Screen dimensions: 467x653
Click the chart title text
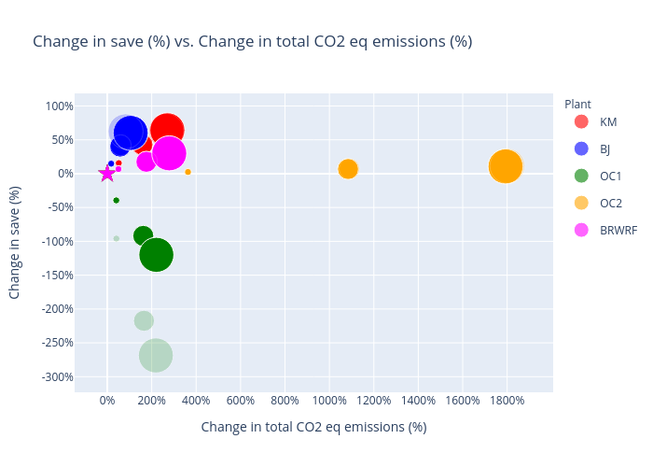pyautogui.click(x=252, y=41)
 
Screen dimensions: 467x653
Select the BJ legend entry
pyautogui.click(x=604, y=149)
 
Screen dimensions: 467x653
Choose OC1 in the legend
pyautogui.click(x=610, y=176)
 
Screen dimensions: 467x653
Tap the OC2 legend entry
pyautogui.click(x=610, y=203)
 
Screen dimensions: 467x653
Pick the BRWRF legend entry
pyautogui.click(x=618, y=230)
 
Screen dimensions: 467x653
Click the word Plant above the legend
pyautogui.click(x=577, y=104)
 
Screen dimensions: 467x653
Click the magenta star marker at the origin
pyautogui.click(x=107, y=174)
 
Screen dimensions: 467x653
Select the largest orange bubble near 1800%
pyautogui.click(x=505, y=166)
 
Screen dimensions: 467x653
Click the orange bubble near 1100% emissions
pyautogui.click(x=348, y=169)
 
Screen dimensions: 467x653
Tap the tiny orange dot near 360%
pyautogui.click(x=188, y=172)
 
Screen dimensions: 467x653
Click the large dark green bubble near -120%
pyautogui.click(x=156, y=254)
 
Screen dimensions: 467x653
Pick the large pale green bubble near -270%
pyautogui.click(x=156, y=355)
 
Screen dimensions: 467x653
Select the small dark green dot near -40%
pyautogui.click(x=116, y=200)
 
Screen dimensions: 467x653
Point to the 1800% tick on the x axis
pyautogui.click(x=507, y=401)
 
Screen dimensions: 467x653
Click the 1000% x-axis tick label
pyautogui.click(x=329, y=401)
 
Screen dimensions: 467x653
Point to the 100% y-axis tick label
pyautogui.click(x=59, y=106)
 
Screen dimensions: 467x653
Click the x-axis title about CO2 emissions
pyautogui.click(x=313, y=427)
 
